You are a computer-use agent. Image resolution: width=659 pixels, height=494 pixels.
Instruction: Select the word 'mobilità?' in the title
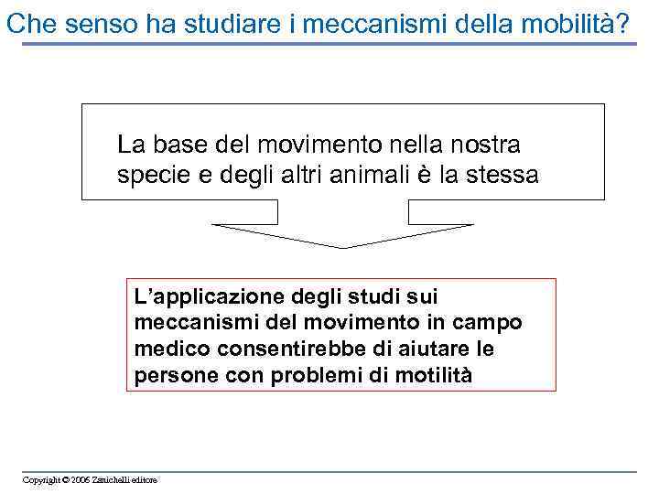[579, 24]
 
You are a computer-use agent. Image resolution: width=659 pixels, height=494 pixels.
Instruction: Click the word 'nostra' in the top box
[486, 145]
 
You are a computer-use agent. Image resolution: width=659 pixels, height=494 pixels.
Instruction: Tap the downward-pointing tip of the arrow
[343, 246]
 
